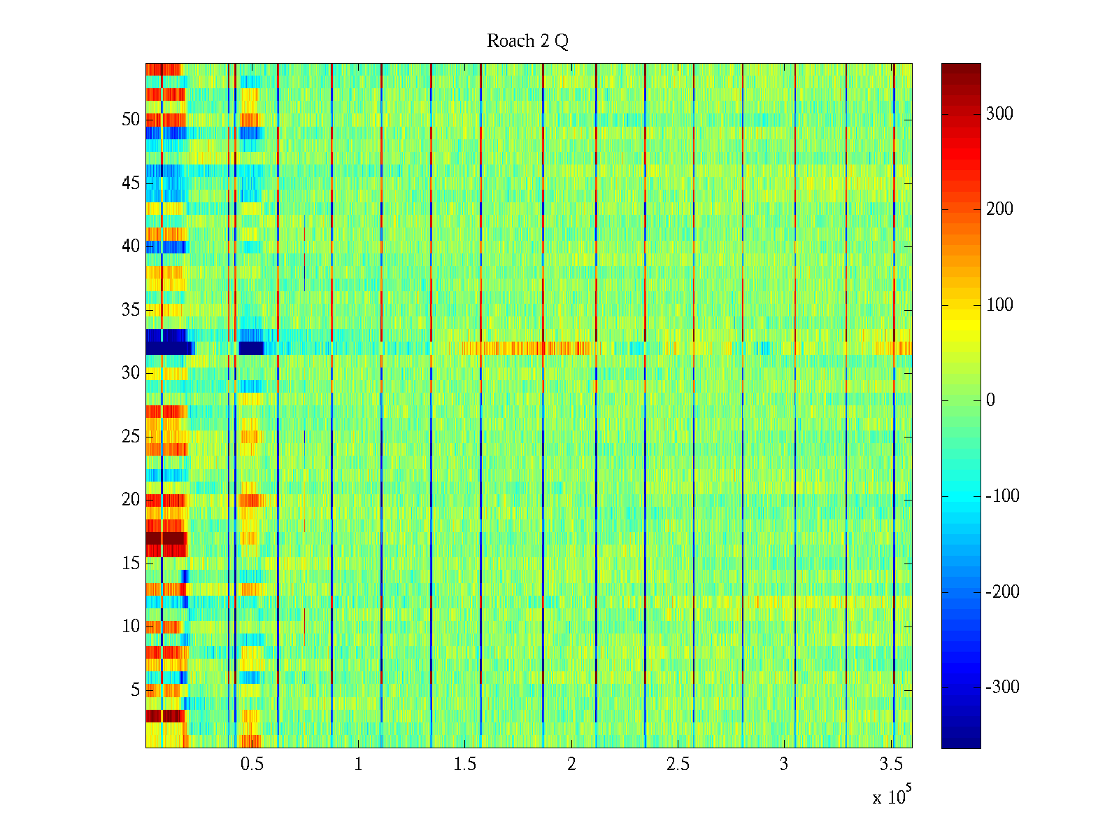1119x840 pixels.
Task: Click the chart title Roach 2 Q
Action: coord(527,41)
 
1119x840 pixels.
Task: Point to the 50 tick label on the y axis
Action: coord(131,120)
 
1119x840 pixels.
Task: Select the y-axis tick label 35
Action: coord(131,310)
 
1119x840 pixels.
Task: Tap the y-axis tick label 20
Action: coord(131,500)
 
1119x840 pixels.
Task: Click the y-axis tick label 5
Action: coord(135,690)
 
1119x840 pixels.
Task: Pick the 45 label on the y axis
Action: coord(131,183)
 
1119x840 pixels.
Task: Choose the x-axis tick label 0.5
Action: coord(252,764)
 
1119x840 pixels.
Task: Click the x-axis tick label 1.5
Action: coord(464,764)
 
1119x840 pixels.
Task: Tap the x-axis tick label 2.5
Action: coord(678,764)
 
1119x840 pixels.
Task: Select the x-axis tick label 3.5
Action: coord(891,764)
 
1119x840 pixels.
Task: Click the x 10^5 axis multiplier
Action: coord(892,796)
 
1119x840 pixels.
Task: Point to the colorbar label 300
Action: coord(999,114)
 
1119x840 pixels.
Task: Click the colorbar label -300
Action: coord(1002,687)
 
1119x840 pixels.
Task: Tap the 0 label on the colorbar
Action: coord(990,400)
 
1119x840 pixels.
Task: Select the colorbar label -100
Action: coord(1002,496)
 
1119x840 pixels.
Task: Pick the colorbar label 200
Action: coord(999,209)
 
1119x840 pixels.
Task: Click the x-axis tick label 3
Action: coord(784,764)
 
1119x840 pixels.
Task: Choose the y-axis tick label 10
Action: coord(131,626)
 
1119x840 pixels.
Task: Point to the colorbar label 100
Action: coord(999,305)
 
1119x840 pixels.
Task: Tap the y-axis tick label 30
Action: coord(131,373)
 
